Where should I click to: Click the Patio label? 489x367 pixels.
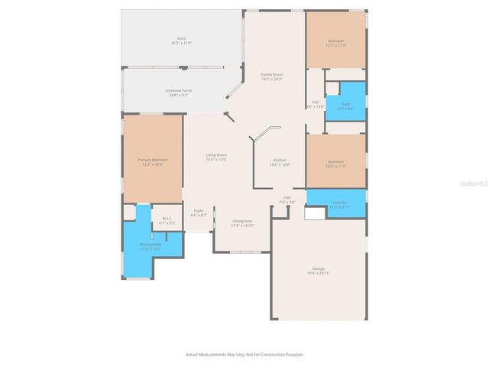[x=182, y=40]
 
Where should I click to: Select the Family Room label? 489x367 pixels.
[x=272, y=76]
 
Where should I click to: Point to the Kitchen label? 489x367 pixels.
[x=280, y=162]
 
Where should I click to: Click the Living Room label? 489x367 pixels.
[x=216, y=157]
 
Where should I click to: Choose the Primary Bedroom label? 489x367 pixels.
[x=153, y=161]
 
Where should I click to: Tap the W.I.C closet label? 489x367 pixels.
[x=167, y=220]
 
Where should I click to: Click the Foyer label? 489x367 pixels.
[x=199, y=213]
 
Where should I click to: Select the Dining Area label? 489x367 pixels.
[x=243, y=222]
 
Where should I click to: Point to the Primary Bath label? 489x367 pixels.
[x=151, y=247]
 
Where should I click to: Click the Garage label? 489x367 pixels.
[x=318, y=271]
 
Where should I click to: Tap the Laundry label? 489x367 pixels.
[x=339, y=205]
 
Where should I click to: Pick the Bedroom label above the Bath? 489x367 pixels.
[x=336, y=43]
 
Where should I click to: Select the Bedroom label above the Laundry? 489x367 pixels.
[x=336, y=163]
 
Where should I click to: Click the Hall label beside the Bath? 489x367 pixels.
[x=316, y=104]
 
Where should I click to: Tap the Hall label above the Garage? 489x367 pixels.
[x=287, y=200]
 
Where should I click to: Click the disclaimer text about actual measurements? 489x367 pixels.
[x=244, y=354]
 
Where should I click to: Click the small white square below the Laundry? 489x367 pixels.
[x=315, y=215]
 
